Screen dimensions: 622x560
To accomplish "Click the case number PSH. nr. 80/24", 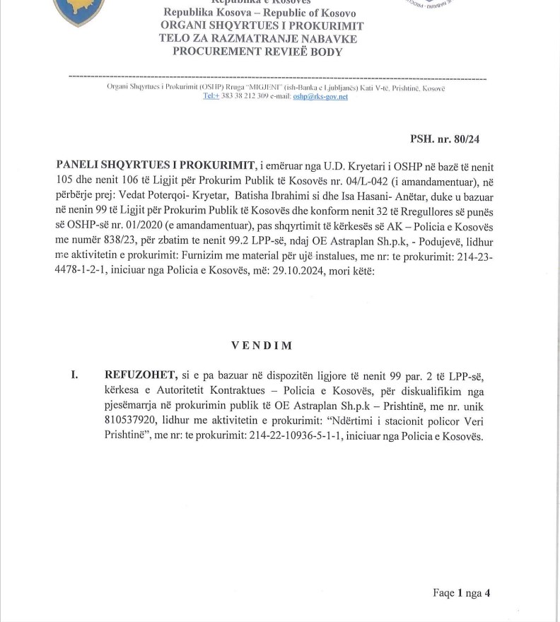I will click(x=445, y=139).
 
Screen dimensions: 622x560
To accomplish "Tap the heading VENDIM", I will click(x=262, y=346).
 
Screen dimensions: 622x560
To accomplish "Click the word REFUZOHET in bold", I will click(x=135, y=374).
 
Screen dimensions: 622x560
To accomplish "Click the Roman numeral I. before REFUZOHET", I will click(x=74, y=374).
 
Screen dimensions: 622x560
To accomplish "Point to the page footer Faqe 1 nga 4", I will click(x=461, y=593).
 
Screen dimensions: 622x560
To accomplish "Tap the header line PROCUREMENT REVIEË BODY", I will click(x=257, y=52).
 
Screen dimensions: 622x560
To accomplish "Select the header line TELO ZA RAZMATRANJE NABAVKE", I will click(x=258, y=39).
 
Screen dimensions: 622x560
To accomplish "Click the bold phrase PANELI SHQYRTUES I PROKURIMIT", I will click(x=155, y=165).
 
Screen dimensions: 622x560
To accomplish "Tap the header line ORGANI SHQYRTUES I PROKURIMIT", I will click(x=262, y=26).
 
